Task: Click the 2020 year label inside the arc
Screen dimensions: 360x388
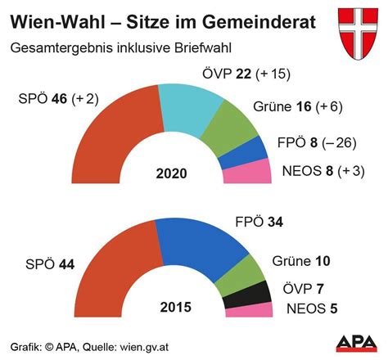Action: (171, 173)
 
